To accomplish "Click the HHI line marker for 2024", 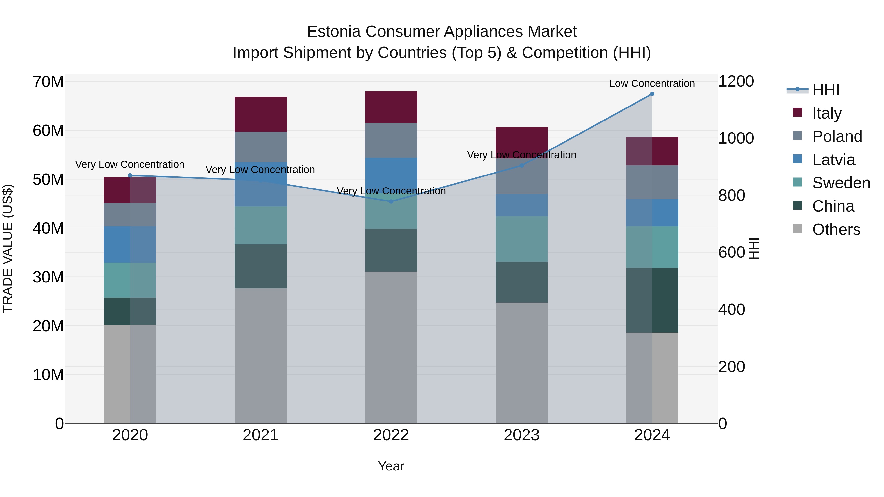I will coord(652,94).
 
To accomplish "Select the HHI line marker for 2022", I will coord(391,201).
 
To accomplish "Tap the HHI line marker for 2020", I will coord(130,175).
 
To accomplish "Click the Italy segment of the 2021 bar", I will coord(261,114).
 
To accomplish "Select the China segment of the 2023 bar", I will coord(521,282).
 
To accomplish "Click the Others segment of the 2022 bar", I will coord(391,347).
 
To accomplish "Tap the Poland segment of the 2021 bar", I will coord(261,147).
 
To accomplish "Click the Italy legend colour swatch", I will coord(798,112).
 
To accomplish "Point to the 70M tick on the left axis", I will coord(48,82).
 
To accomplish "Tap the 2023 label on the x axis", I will coord(521,435).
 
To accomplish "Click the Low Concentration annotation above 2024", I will coord(652,83).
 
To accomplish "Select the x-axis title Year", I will coord(391,466).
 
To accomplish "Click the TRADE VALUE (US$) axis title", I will coord(8,248).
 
